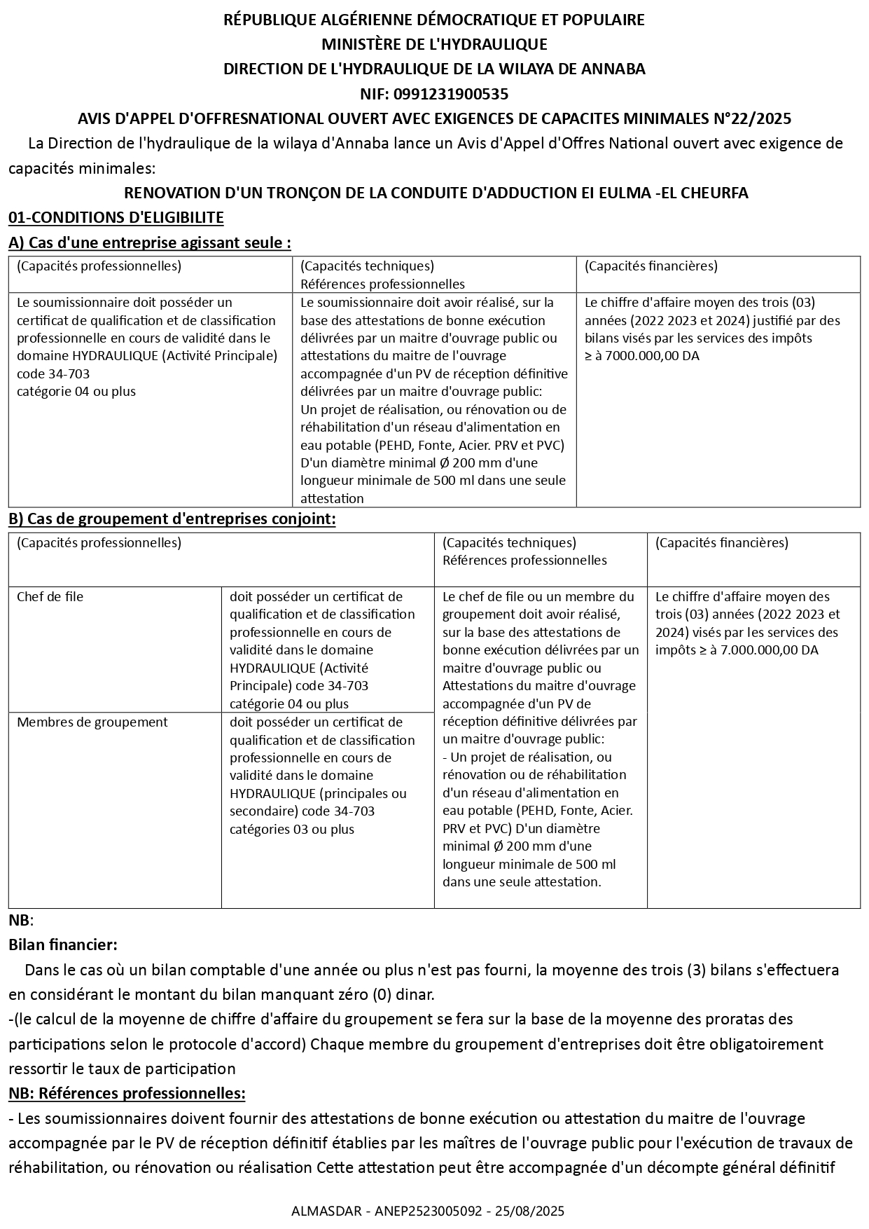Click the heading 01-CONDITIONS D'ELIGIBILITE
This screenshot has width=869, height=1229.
pos(116,217)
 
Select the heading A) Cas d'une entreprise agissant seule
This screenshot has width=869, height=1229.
pos(150,242)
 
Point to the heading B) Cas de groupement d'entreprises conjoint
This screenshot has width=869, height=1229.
pos(172,519)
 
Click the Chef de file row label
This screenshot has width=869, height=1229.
pos(50,597)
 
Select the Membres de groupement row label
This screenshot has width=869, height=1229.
pos(92,722)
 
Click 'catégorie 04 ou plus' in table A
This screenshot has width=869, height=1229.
pos(76,392)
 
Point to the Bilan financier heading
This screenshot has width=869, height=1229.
pos(63,945)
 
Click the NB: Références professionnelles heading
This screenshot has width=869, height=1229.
pos(127,1093)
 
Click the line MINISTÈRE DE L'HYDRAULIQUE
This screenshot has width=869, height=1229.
pos(434,45)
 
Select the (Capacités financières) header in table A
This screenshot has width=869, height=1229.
pos(651,266)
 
